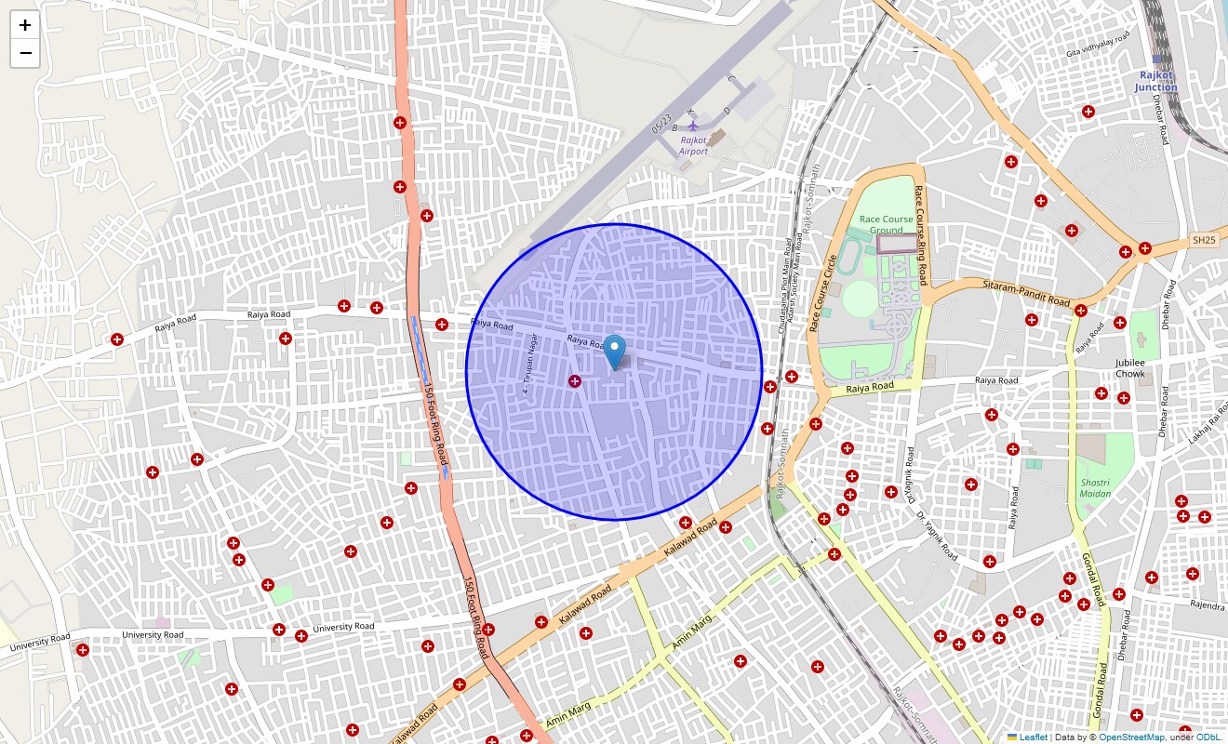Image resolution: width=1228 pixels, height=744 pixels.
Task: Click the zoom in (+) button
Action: click(x=25, y=25)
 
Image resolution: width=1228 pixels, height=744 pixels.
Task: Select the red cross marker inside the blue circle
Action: click(x=575, y=380)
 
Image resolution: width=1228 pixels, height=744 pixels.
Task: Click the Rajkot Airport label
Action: click(x=693, y=145)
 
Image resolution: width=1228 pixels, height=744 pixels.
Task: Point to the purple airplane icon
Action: click(x=692, y=125)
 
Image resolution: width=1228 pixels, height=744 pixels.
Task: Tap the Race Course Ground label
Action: click(x=886, y=224)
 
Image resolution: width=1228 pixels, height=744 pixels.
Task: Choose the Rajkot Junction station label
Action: click(x=1155, y=82)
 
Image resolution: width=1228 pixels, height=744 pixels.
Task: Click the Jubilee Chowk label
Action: click(x=1130, y=368)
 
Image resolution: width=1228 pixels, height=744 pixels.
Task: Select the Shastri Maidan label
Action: click(x=1095, y=488)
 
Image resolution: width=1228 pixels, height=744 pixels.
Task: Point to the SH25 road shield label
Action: click(x=1204, y=240)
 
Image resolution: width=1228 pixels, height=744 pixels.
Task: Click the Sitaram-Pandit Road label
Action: click(x=1026, y=293)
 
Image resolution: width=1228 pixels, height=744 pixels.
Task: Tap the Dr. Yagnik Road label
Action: click(x=936, y=537)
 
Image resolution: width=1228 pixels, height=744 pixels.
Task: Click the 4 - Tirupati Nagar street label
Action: click(x=530, y=364)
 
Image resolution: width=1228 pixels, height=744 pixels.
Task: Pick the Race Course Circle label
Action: click(x=822, y=293)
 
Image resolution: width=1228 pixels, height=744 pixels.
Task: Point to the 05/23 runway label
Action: click(x=661, y=123)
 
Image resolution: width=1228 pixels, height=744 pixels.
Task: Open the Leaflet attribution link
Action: click(x=1033, y=737)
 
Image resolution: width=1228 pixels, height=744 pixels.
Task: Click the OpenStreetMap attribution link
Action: click(x=1131, y=737)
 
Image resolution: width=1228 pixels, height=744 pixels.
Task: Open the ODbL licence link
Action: click(x=1208, y=737)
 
